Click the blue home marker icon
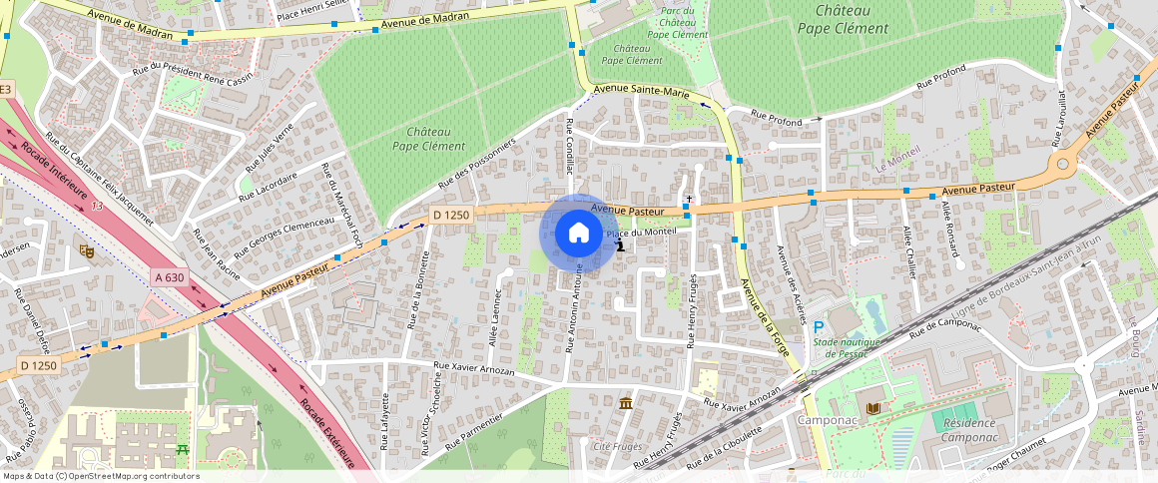point(578,233)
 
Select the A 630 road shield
point(170,276)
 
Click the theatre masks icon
point(87,252)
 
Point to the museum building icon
point(625,402)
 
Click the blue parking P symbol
point(819,327)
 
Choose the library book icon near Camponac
point(874,409)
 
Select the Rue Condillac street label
point(570,147)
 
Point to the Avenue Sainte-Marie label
point(641,91)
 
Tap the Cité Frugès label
point(618,446)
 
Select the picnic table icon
point(183,451)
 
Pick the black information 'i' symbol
point(621,243)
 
